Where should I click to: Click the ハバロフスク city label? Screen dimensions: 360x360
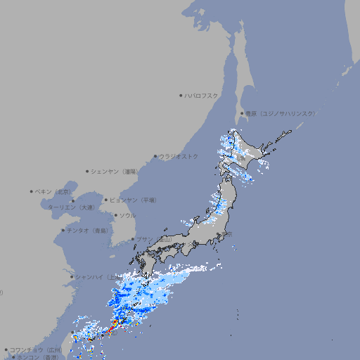tap(202, 95)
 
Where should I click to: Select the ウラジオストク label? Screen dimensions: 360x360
tap(179, 156)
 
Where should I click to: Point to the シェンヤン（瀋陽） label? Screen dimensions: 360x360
tap(115, 171)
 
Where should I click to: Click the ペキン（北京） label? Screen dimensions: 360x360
tap(53, 191)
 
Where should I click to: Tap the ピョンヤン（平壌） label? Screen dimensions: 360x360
tap(133, 200)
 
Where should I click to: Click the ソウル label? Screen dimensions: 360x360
tap(127, 215)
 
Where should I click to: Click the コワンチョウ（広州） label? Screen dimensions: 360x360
tap(36, 349)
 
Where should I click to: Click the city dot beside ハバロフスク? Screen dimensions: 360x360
tap(181, 95)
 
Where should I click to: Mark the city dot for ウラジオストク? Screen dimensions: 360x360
tap(155, 156)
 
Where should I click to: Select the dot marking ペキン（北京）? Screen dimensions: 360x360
tap(32, 191)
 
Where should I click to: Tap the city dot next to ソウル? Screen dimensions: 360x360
tap(115, 215)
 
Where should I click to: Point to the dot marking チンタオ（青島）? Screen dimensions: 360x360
tap(63, 231)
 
